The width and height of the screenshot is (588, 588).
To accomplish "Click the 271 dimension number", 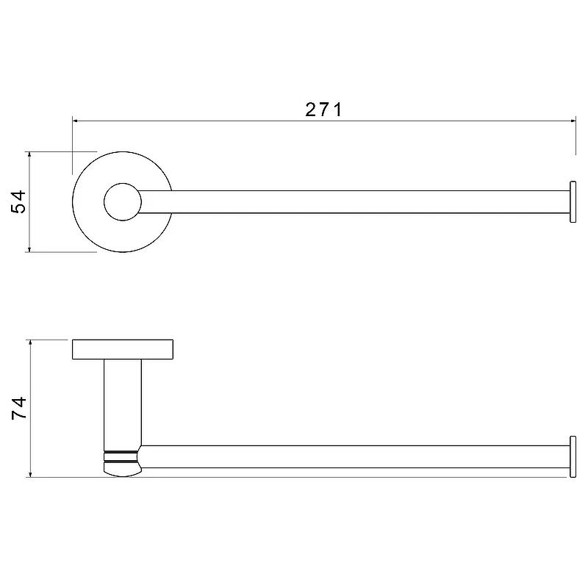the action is (323, 110).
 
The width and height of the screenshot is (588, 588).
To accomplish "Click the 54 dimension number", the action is (19, 201).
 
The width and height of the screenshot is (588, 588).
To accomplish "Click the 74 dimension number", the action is (19, 408).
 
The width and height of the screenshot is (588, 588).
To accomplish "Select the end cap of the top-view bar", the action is (573, 201).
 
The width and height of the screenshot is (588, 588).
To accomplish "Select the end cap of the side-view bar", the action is (573, 456).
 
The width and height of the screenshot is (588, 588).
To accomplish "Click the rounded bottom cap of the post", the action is (122, 470).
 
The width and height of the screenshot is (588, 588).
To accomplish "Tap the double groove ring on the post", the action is (121, 456).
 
